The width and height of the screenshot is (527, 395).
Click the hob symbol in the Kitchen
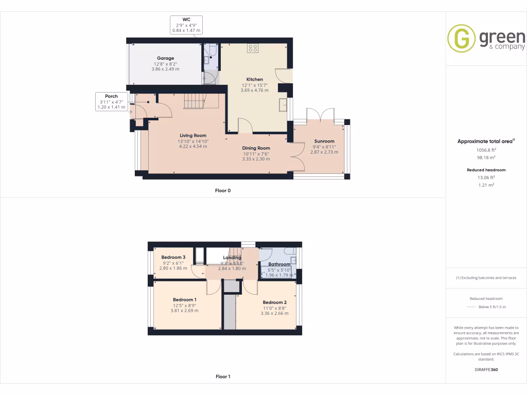(253, 48)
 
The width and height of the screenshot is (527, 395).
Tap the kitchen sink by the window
(283, 104)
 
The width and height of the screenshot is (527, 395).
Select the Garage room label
(165, 58)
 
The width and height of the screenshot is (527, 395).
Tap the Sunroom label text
(324, 141)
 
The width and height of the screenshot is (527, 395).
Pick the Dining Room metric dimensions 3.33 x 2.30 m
(256, 159)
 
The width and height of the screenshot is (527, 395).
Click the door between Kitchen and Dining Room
(245, 125)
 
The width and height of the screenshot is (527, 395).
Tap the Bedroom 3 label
(173, 257)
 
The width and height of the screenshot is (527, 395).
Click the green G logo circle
(461, 39)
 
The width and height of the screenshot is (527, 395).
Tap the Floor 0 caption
(223, 190)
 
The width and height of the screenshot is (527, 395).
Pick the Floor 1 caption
(223, 376)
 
